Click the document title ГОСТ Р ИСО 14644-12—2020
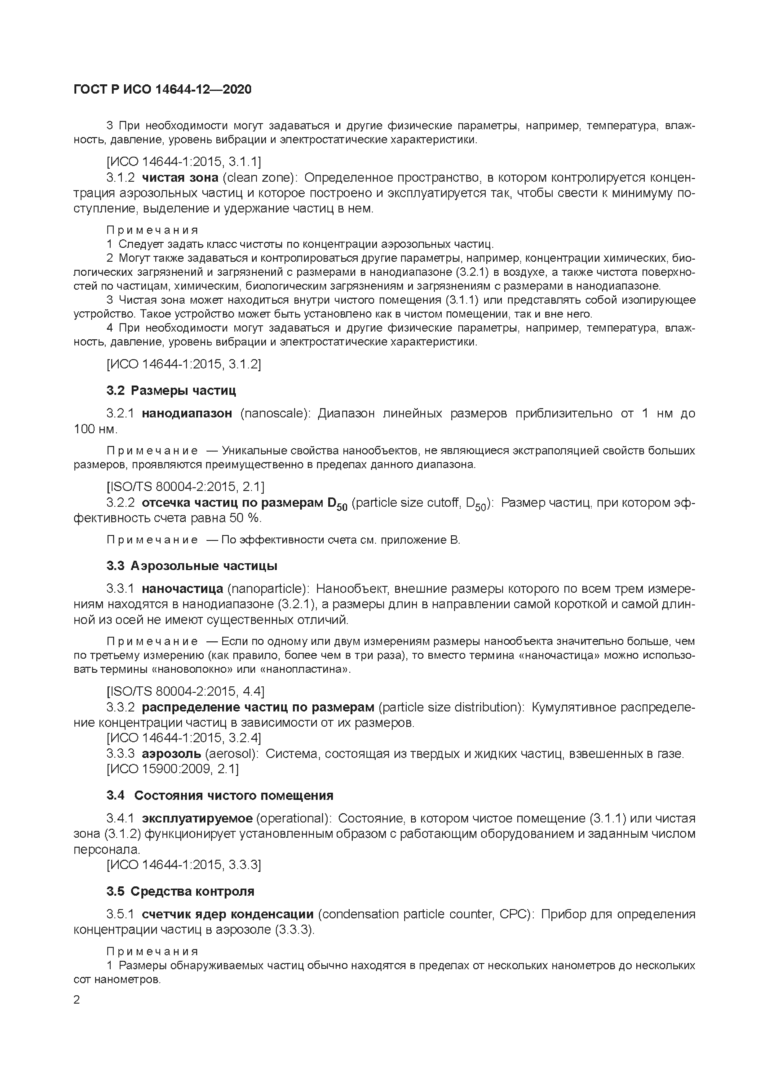[x=162, y=89]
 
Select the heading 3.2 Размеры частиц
[x=171, y=390]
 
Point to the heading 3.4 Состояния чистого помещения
[x=220, y=795]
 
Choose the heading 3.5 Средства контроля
[x=180, y=891]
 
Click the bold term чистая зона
[x=180, y=178]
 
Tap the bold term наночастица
[x=182, y=589]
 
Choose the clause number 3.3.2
[x=120, y=707]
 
